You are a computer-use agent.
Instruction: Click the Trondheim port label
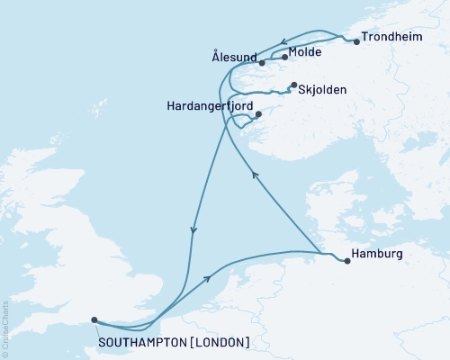pos(392,40)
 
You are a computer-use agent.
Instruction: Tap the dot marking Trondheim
pos(357,41)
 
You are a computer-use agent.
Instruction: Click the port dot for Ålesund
pos(262,63)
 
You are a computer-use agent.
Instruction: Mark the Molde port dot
pos(285,58)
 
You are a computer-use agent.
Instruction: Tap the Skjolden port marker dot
pos(293,85)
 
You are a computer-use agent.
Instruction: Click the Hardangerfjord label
pos(210,105)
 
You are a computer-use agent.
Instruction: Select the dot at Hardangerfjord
pos(258,114)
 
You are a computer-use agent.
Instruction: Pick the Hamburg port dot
pos(347,261)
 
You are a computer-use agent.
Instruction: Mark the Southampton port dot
pos(94,319)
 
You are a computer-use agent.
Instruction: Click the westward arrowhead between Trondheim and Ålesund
pos(283,40)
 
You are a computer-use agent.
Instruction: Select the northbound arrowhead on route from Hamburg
pos(256,176)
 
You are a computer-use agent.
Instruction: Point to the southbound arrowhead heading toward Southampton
pos(193,232)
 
